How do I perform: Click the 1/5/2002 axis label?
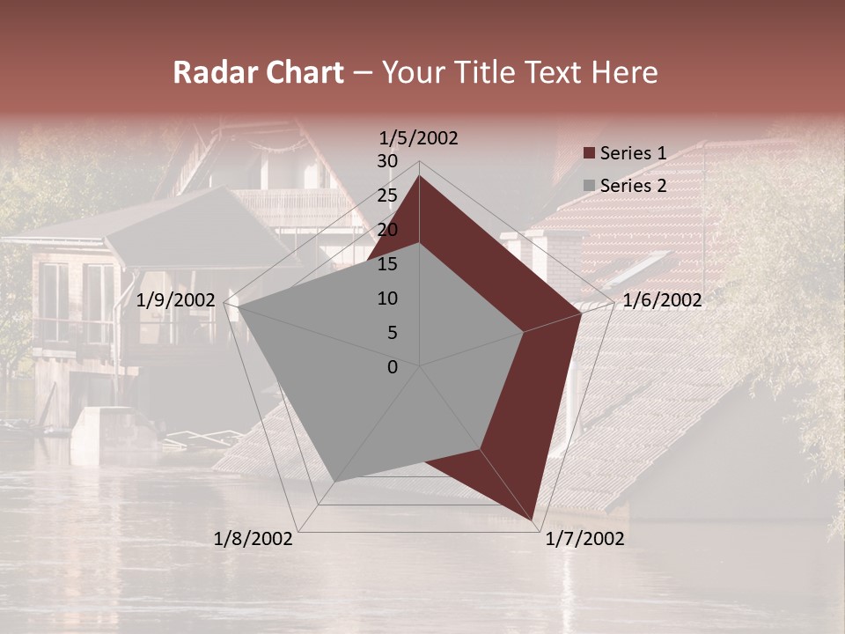click(419, 138)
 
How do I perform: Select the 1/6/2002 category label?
click(662, 301)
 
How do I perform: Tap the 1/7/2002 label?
click(585, 539)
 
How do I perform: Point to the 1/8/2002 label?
click(253, 539)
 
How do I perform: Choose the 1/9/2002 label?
click(176, 301)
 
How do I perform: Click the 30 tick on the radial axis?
click(387, 161)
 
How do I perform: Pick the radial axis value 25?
click(387, 195)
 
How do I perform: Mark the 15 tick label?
click(387, 264)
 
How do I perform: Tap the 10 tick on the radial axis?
click(387, 299)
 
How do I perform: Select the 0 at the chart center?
click(393, 367)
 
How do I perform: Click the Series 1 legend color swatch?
click(590, 154)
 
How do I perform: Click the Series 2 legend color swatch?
click(590, 186)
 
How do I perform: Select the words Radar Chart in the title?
click(258, 73)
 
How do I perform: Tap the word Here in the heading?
click(624, 73)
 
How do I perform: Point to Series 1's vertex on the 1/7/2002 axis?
click(533, 520)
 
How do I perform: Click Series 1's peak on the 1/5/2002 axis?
click(420, 175)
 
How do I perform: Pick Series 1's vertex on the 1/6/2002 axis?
click(582, 313)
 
